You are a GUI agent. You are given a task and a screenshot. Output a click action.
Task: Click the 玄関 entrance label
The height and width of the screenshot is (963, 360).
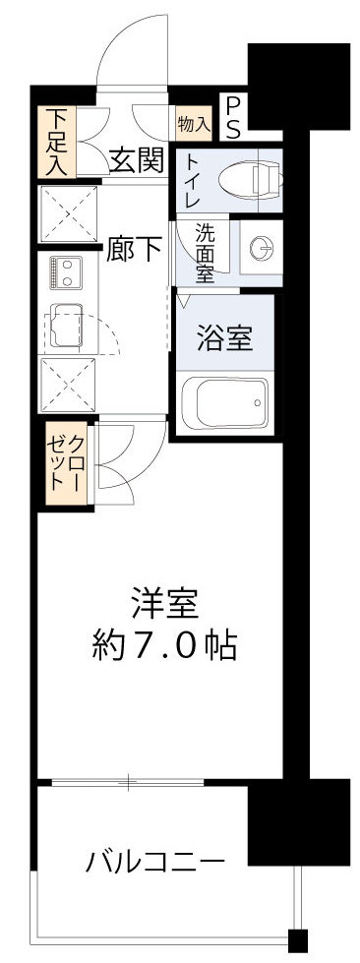[136, 159]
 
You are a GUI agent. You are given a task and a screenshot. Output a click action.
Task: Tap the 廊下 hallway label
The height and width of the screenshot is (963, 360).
[135, 249]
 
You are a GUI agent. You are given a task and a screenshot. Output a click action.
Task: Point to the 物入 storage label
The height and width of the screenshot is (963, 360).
[193, 124]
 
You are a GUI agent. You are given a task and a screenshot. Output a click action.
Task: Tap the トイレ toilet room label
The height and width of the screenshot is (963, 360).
[193, 180]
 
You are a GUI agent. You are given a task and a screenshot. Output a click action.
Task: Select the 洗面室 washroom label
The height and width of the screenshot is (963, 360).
[205, 252]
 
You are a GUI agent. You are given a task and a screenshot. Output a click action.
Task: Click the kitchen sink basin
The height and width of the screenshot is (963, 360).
[67, 328]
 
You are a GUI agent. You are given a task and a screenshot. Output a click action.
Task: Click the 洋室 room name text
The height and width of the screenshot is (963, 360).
[162, 600]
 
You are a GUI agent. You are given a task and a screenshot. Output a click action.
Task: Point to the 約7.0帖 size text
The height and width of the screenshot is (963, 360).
[162, 646]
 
